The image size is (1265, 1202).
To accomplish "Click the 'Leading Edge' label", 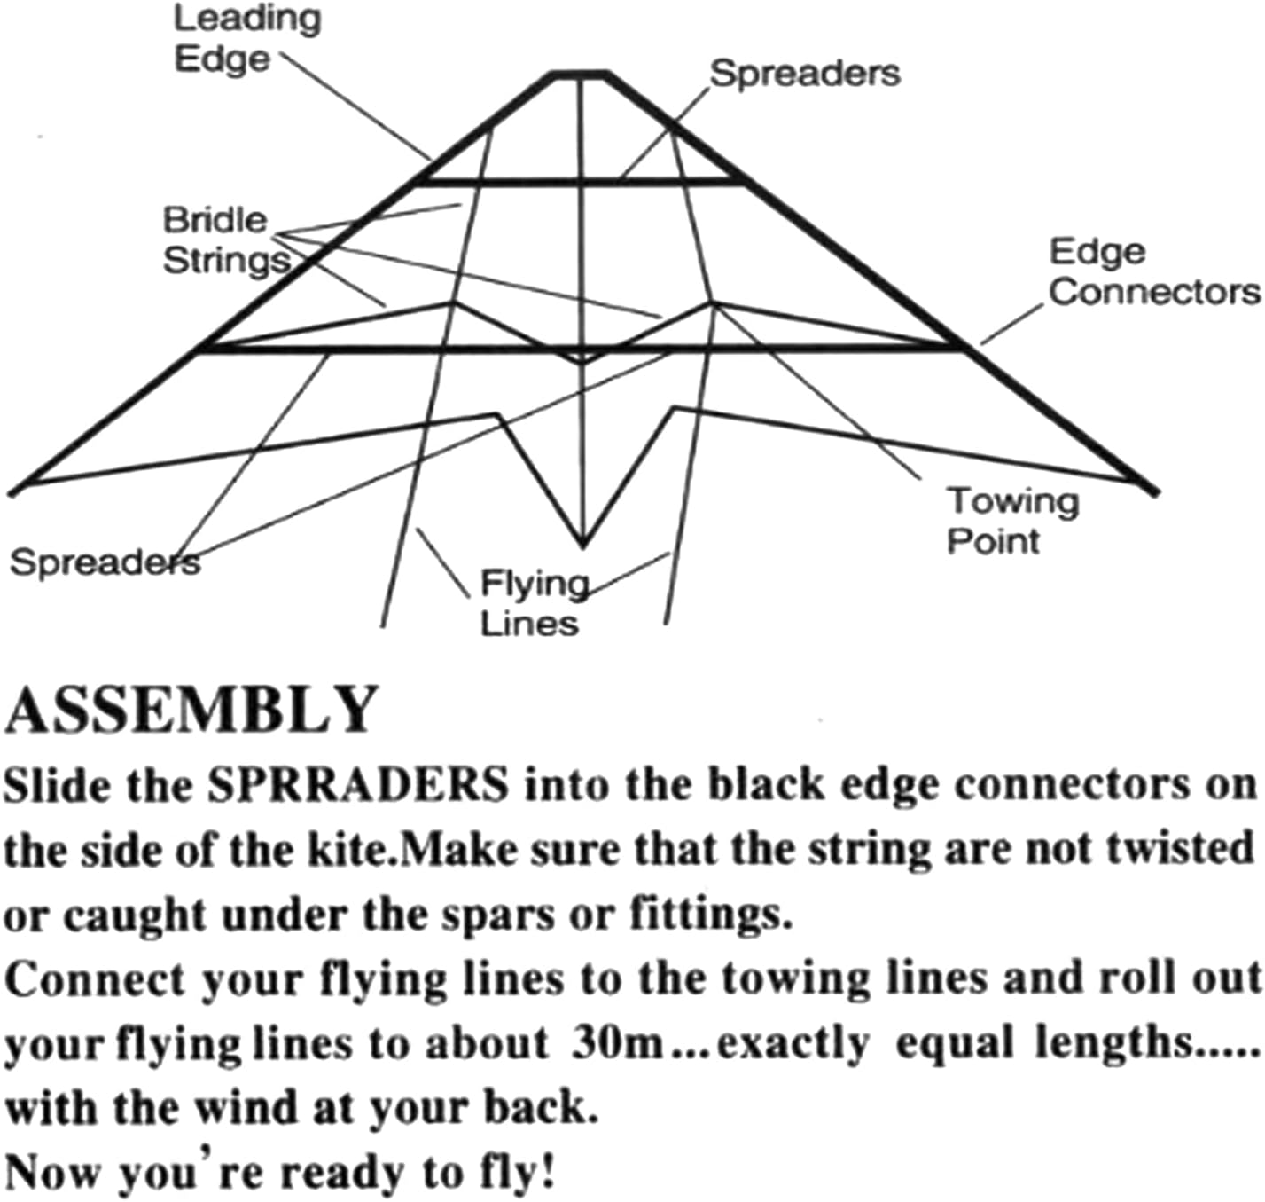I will pyautogui.click(x=246, y=39).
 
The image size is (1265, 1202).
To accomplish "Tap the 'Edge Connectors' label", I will pyautogui.click(x=1152, y=271).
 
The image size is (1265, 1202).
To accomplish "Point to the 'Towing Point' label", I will pyautogui.click(x=1012, y=521).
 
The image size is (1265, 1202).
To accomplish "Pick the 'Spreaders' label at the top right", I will pyautogui.click(x=805, y=73).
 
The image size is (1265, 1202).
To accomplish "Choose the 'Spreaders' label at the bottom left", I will pyautogui.click(x=105, y=562).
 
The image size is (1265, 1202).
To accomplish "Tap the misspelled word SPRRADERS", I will pyautogui.click(x=358, y=784).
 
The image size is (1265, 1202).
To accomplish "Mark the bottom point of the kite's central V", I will pyautogui.click(x=582, y=543).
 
